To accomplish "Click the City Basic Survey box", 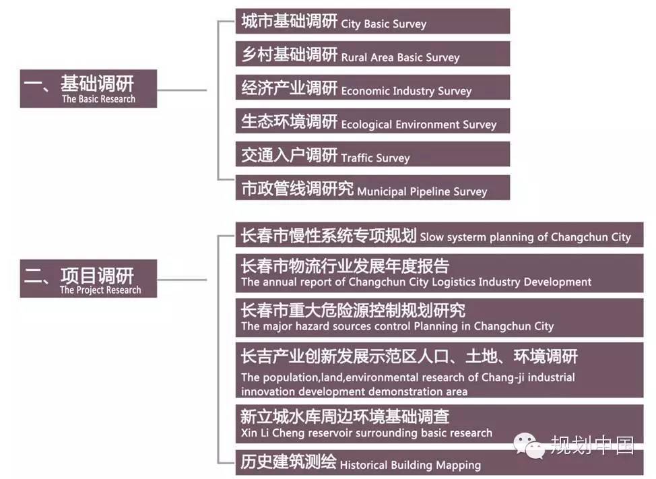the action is (372, 21).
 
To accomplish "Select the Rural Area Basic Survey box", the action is (372, 54).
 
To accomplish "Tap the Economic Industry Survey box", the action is (372, 88).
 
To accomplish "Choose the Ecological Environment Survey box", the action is (372, 121).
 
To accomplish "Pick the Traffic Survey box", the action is (372, 154).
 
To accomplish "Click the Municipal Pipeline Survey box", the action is (372, 188).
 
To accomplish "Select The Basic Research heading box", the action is (88, 89).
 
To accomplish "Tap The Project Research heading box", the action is (88, 279).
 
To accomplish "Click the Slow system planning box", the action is (439, 234).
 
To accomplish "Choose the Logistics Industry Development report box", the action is (439, 273).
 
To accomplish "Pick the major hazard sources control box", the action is (439, 317).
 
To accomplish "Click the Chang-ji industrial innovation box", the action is (439, 371).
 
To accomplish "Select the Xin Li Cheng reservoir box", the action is (439, 424).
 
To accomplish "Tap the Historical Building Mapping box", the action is (439, 462).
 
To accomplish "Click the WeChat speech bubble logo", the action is (528, 445).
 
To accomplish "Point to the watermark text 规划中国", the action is (592, 445).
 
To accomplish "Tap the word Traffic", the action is (357, 158).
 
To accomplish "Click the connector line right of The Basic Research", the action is (182, 90).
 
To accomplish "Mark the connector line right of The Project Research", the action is (182, 280).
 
